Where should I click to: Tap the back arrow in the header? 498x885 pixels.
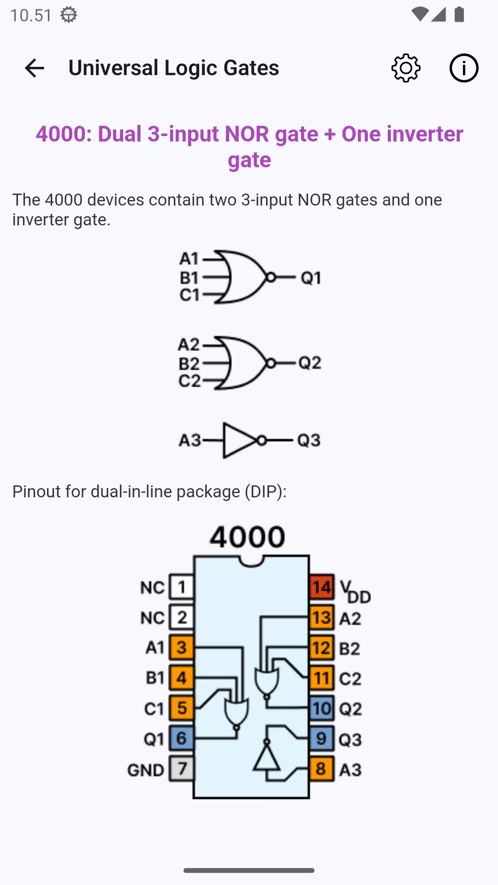[x=34, y=68]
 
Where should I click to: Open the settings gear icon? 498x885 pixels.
[x=406, y=68]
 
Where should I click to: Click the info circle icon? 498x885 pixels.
[x=464, y=68]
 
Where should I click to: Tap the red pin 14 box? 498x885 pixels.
[x=322, y=587]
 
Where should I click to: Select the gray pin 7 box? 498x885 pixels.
[x=182, y=768]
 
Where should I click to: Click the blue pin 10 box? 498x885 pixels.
[x=322, y=708]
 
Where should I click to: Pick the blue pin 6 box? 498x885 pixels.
[x=182, y=738]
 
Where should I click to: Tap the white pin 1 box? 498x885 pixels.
[x=182, y=587]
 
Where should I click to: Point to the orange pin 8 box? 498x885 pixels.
[x=322, y=769]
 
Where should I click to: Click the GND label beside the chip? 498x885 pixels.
[x=146, y=770]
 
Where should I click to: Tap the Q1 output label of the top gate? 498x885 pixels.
[x=311, y=278]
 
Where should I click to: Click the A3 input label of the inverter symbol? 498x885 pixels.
[x=190, y=440]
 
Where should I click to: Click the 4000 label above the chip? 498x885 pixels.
[x=248, y=537]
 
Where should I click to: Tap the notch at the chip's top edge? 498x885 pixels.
[x=251, y=561]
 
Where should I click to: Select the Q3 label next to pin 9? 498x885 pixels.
[x=350, y=740]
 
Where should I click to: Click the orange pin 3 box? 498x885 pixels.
[x=182, y=648]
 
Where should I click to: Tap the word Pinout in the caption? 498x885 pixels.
[x=36, y=492]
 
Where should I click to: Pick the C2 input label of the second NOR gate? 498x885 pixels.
[x=190, y=381]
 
